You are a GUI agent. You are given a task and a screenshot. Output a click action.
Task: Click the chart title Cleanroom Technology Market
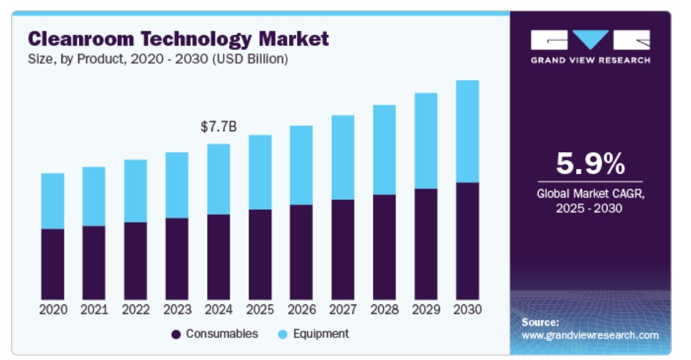click(178, 38)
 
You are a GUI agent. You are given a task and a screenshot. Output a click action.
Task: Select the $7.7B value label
click(219, 127)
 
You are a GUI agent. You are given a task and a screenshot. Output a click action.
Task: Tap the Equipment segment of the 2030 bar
click(467, 132)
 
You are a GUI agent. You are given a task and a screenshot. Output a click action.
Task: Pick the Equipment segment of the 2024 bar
click(219, 179)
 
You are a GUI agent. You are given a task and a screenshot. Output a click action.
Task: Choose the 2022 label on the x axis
click(135, 310)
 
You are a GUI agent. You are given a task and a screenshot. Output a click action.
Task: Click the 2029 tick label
click(426, 310)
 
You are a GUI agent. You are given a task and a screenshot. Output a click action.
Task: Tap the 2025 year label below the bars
click(260, 310)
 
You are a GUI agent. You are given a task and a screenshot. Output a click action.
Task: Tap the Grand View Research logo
click(590, 46)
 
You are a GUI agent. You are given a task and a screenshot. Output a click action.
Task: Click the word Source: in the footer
click(540, 322)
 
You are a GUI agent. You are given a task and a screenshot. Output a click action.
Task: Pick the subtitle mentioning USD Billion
click(157, 59)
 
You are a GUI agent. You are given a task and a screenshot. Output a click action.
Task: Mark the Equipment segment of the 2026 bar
click(301, 165)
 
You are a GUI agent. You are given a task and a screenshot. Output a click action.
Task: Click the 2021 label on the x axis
click(94, 310)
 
